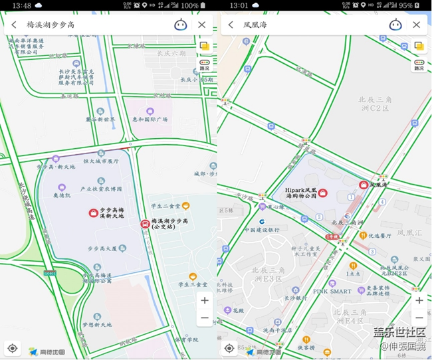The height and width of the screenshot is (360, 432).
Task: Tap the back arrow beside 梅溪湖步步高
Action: (14, 25)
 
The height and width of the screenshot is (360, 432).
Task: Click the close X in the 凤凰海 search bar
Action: (416, 25)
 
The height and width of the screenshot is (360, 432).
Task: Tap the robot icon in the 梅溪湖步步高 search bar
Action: (181, 25)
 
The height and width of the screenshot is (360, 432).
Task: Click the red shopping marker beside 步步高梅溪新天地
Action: (93, 213)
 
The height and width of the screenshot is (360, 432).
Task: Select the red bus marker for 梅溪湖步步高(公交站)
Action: (144, 224)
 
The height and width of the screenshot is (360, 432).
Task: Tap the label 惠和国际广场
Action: (150, 120)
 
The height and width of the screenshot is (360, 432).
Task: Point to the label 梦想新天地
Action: (97, 325)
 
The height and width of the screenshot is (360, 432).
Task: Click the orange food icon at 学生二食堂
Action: (186, 205)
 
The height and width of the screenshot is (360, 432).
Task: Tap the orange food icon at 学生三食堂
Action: (193, 276)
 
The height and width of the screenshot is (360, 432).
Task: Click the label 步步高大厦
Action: (102, 248)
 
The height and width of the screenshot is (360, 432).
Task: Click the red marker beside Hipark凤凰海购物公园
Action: (322, 193)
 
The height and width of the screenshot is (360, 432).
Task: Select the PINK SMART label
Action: (332, 291)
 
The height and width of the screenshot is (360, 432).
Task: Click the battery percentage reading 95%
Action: (405, 5)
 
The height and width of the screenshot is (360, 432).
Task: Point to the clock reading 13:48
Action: (21, 5)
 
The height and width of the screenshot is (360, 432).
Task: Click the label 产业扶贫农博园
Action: (101, 189)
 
